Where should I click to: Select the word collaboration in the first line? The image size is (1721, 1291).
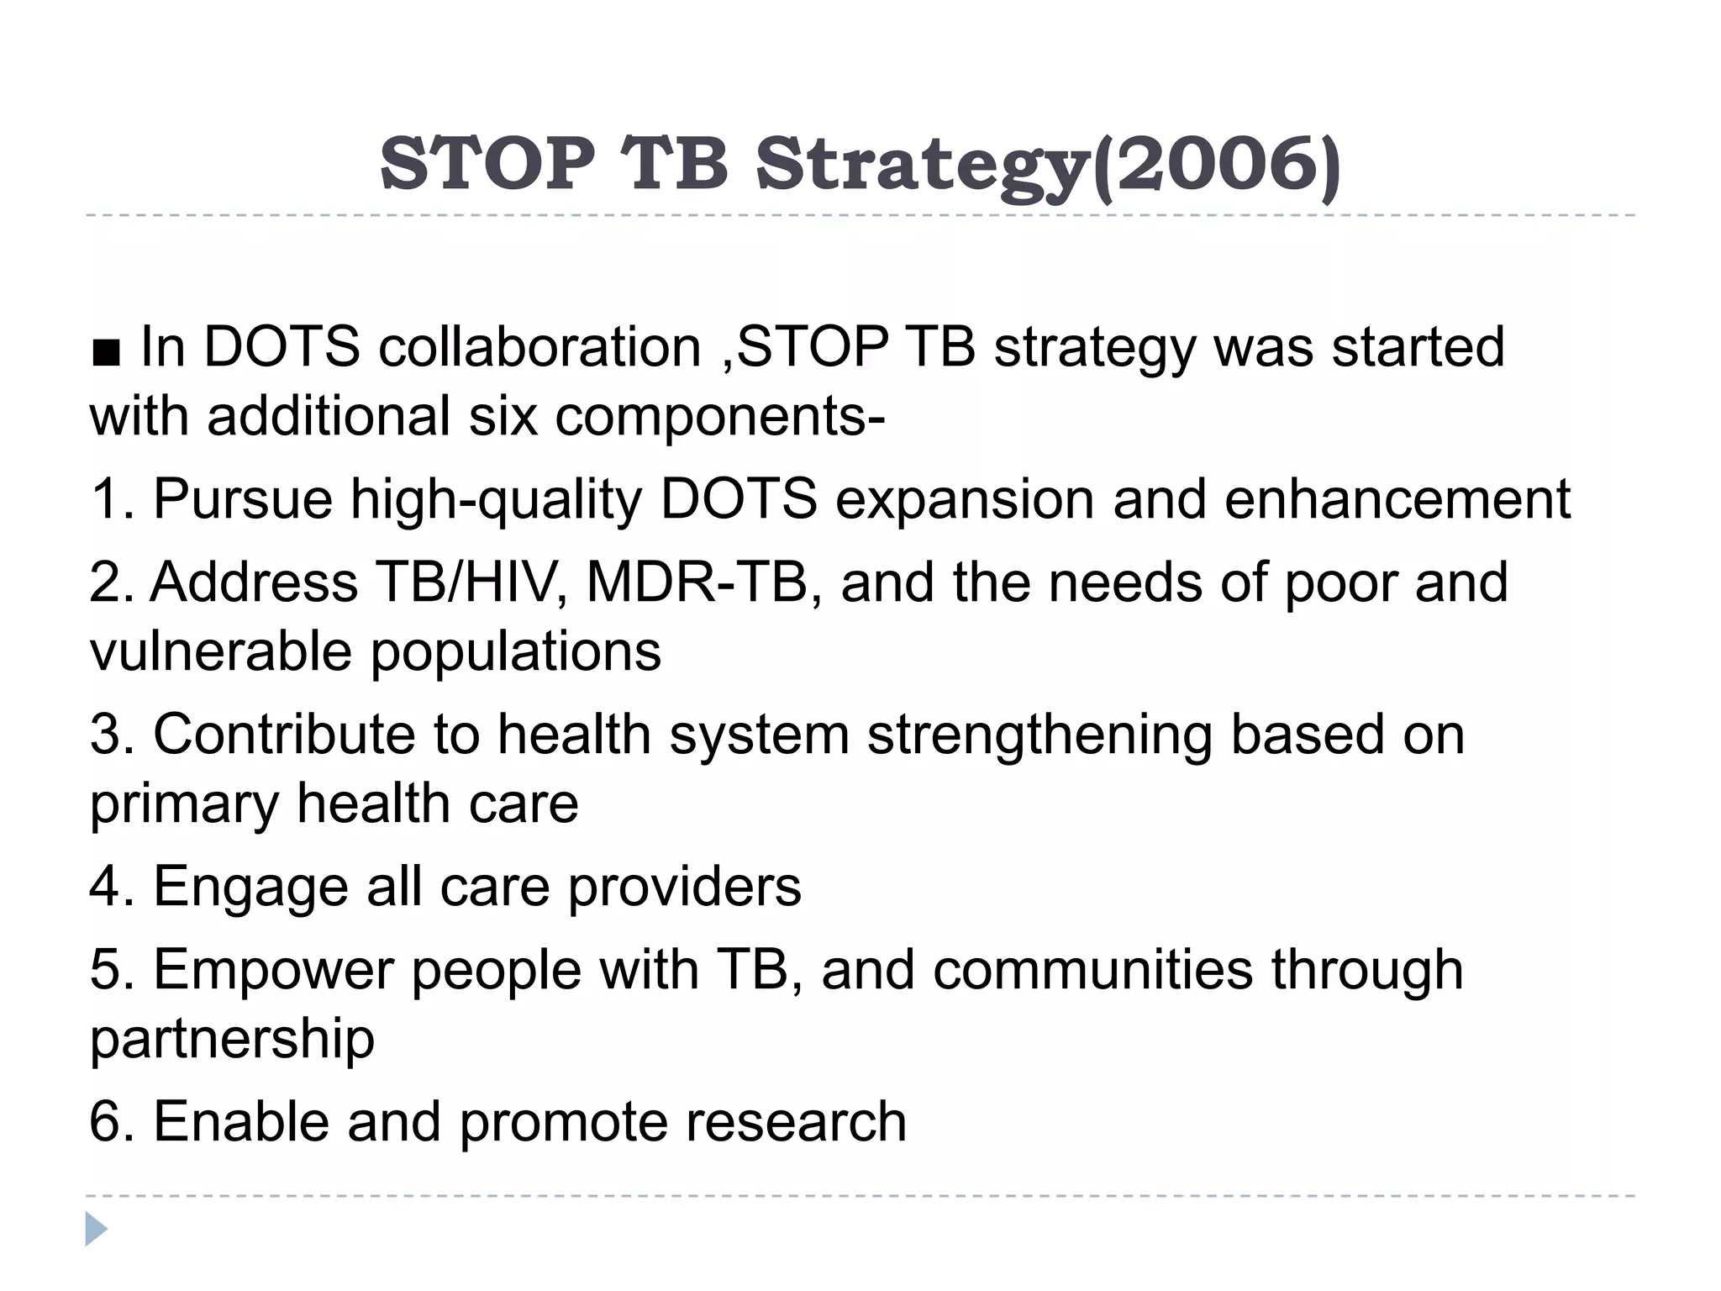click(539, 347)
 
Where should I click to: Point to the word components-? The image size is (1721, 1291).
click(719, 417)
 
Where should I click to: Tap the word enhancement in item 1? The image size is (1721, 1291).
click(1397, 499)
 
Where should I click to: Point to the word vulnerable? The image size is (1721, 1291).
click(220, 651)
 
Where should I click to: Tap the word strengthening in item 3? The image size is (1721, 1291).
click(1039, 736)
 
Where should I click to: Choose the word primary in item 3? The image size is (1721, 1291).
click(184, 805)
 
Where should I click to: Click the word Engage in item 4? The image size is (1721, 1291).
click(250, 888)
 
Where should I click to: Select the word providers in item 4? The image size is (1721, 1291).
click(684, 887)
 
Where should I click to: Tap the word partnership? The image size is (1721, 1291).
click(232, 1040)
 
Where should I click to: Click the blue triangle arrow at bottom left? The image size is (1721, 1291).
click(96, 1229)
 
